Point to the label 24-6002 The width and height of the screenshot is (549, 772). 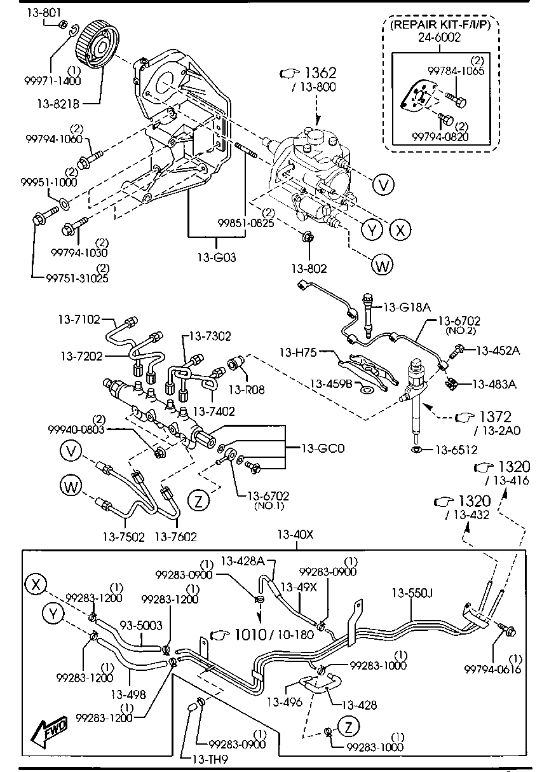(439, 38)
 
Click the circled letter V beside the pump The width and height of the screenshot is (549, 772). (383, 184)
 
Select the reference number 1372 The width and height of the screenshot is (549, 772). (494, 417)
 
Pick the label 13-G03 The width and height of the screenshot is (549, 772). (216, 258)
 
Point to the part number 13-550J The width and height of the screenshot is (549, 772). (412, 593)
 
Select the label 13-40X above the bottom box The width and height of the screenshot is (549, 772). (295, 534)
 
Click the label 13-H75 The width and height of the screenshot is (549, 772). (300, 350)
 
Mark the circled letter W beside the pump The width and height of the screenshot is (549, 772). (383, 265)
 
